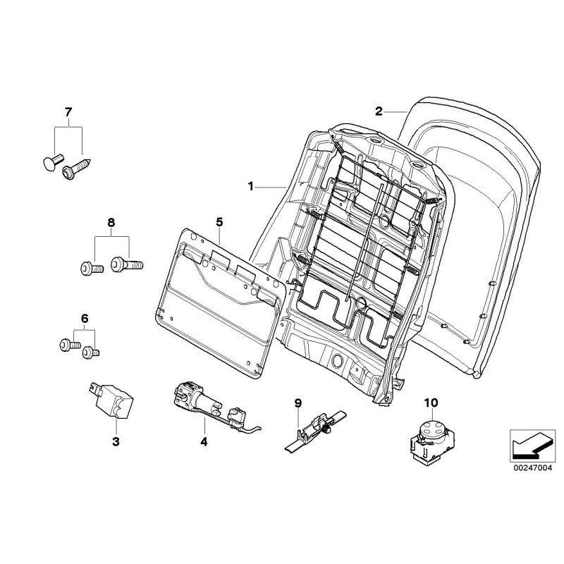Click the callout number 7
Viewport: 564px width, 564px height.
pos(68,112)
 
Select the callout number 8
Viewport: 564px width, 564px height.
pos(111,223)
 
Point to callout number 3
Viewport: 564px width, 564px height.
pos(116,442)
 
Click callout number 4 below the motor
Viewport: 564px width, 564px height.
pos(204,442)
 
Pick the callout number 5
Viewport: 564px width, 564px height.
pos(219,222)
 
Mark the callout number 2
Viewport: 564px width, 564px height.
pos(379,111)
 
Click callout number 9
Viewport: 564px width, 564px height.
pos(298,403)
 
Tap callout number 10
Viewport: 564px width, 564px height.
pos(431,403)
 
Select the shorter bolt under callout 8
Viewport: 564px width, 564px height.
pos(90,268)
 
